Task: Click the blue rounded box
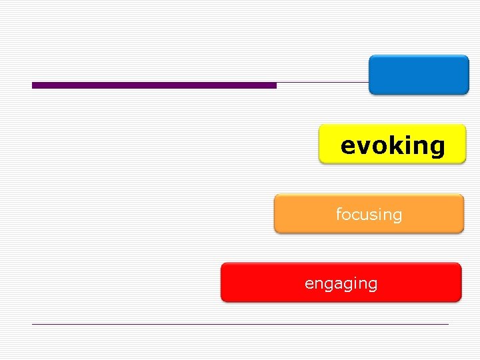pyautogui.click(x=419, y=75)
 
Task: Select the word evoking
pyautogui.click(x=392, y=145)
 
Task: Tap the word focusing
pyautogui.click(x=369, y=214)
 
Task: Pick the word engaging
pyautogui.click(x=341, y=283)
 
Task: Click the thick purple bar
pyautogui.click(x=154, y=85)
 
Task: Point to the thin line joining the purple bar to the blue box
pyautogui.click(x=323, y=83)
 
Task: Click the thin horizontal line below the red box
pyautogui.click(x=240, y=324)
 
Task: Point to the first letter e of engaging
pyautogui.click(x=309, y=284)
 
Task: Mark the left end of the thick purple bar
pyautogui.click(x=33, y=85)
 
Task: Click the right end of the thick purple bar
pyautogui.click(x=275, y=85)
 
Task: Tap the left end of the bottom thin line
pyautogui.click(x=33, y=324)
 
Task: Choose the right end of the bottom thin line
pyautogui.click(x=448, y=324)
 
